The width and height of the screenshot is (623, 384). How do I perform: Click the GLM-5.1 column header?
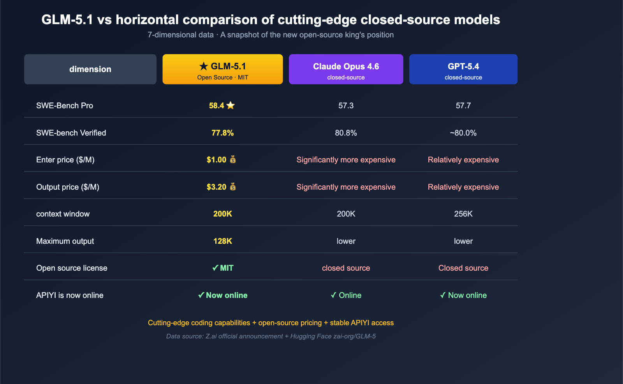[x=222, y=69]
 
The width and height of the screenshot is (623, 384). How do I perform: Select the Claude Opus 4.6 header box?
[x=346, y=69]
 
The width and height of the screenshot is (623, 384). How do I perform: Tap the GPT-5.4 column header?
[x=463, y=69]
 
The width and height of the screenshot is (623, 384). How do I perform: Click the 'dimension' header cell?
[x=90, y=69]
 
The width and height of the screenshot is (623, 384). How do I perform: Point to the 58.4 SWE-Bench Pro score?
[x=216, y=106]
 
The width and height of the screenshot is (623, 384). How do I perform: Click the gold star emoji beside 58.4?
[x=231, y=106]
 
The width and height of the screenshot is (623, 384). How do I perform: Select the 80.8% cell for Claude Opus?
[x=346, y=133]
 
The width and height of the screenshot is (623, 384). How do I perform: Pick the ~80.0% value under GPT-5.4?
[x=463, y=133]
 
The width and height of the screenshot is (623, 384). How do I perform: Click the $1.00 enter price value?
[x=216, y=160]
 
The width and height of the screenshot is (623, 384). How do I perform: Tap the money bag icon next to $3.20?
[x=233, y=187]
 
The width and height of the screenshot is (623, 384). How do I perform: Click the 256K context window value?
[x=463, y=214]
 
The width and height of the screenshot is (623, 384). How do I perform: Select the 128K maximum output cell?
[x=222, y=241]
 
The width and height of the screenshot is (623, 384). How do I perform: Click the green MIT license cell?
[x=223, y=268]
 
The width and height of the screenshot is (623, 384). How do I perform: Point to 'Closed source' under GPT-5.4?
[x=463, y=268]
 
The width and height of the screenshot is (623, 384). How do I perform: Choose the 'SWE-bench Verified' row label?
[x=71, y=133]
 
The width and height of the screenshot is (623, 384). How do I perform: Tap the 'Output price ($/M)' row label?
[x=68, y=187]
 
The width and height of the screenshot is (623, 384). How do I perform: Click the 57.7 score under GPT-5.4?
[x=463, y=106]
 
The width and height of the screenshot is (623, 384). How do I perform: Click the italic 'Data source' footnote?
[x=271, y=336]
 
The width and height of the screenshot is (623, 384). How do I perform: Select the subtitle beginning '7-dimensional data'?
[x=271, y=35]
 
